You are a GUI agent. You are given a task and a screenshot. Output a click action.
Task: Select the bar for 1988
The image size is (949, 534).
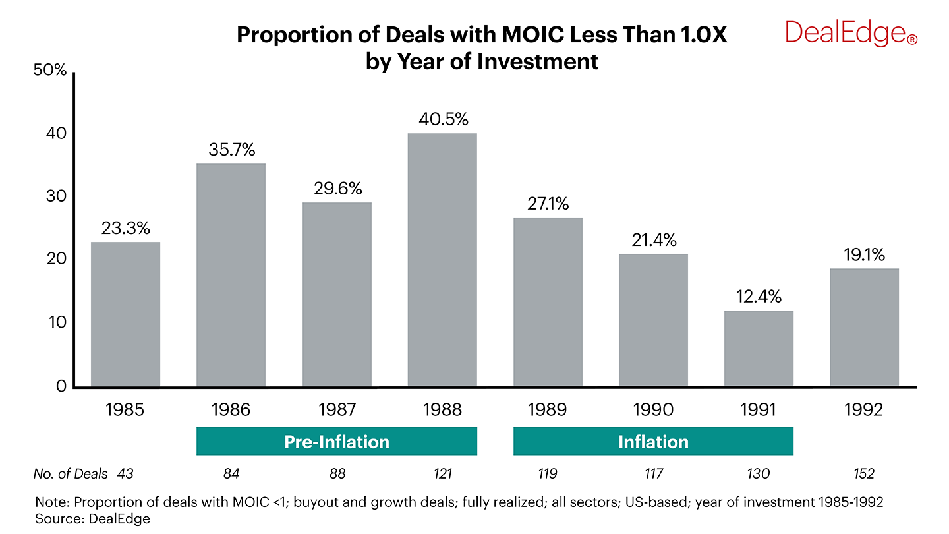point(442,260)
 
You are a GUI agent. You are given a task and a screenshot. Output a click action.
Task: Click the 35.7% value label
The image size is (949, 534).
point(231,150)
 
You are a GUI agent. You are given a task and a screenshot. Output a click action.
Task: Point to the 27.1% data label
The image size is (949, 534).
point(548,204)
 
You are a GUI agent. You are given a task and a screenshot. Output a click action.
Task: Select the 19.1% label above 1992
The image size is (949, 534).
point(864,254)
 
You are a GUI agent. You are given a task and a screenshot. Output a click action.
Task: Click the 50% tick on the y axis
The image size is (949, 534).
point(49,71)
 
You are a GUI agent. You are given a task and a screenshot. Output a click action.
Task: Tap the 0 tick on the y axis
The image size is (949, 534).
point(61,386)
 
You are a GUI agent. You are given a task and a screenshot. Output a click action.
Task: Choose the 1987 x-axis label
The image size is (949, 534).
point(337,410)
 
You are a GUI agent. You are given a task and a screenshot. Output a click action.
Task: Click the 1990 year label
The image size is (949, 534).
point(653,410)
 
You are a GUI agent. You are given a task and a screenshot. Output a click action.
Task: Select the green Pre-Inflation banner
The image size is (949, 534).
point(337,441)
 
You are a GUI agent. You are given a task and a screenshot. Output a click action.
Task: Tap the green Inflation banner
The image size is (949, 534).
point(653,441)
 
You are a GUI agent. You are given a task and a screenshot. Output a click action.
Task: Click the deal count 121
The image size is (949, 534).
point(442,474)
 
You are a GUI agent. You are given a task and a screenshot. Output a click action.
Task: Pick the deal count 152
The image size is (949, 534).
point(864,474)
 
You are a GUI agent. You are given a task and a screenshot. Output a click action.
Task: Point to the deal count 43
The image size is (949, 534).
point(126,474)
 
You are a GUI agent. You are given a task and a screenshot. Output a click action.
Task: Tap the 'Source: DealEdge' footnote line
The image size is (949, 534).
point(93,519)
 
